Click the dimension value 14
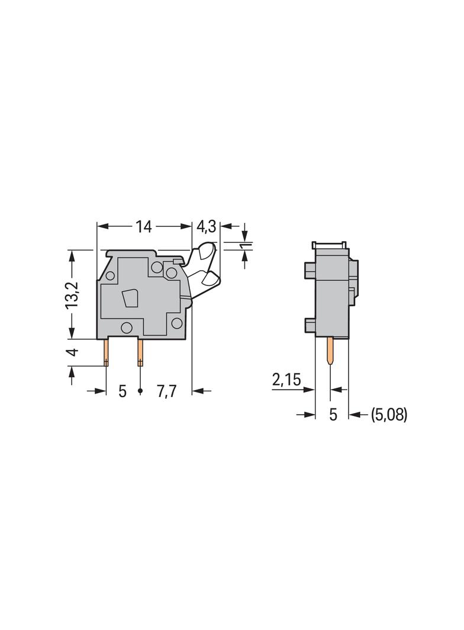[143, 227]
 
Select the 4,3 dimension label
[205, 227]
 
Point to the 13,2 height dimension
[72, 294]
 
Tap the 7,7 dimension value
[167, 391]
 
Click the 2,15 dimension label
[286, 379]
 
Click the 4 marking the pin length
[72, 352]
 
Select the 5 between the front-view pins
[123, 391]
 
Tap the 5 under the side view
[333, 415]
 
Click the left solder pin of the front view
[107, 353]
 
